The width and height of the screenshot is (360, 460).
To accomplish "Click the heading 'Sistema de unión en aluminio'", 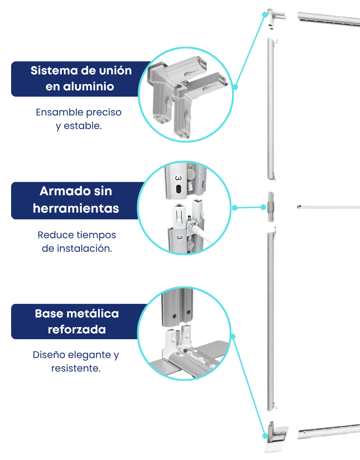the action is click(81, 79).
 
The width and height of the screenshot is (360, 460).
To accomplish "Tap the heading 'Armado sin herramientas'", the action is click(76, 200).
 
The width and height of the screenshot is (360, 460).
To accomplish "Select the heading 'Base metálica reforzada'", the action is click(77, 321).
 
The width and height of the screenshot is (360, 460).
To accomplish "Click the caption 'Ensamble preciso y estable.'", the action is click(79, 119).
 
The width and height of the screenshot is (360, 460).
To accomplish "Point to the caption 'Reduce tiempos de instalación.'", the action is click(77, 242).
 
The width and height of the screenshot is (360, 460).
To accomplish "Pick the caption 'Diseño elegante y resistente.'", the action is click(76, 361).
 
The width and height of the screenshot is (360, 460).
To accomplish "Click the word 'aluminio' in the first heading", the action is click(80, 86).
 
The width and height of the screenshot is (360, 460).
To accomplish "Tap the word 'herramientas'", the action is click(76, 208).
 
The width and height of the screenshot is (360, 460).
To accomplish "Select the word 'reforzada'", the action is click(77, 330).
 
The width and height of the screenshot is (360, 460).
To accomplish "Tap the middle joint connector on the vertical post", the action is click(271, 207).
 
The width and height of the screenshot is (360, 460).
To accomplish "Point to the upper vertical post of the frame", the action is click(271, 109).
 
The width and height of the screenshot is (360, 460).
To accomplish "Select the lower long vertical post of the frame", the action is click(271, 321).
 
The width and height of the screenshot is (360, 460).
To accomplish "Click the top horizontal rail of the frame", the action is click(329, 19).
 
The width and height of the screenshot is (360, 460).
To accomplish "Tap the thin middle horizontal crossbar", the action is click(329, 207).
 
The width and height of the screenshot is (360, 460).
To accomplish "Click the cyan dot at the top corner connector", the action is click(265, 14).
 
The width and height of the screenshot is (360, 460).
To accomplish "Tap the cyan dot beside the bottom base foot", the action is click(265, 436).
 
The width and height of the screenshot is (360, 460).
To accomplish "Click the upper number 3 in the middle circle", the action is click(178, 178).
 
